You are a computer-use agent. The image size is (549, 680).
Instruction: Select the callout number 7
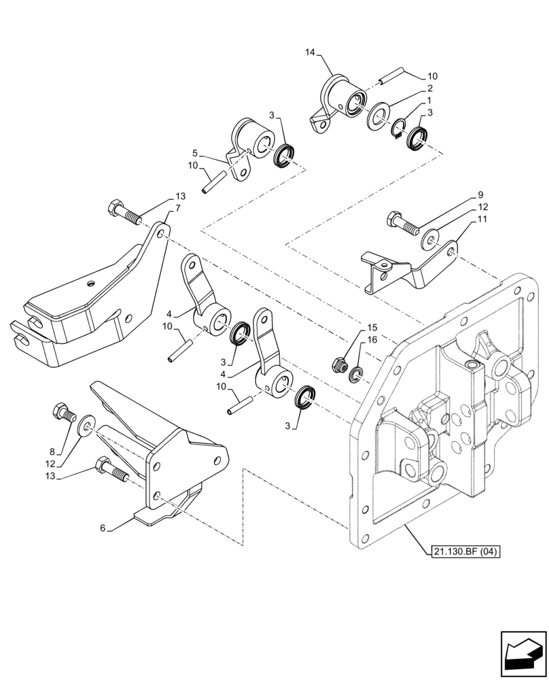pos(177,207)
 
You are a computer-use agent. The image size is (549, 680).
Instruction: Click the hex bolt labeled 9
pos(401,222)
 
